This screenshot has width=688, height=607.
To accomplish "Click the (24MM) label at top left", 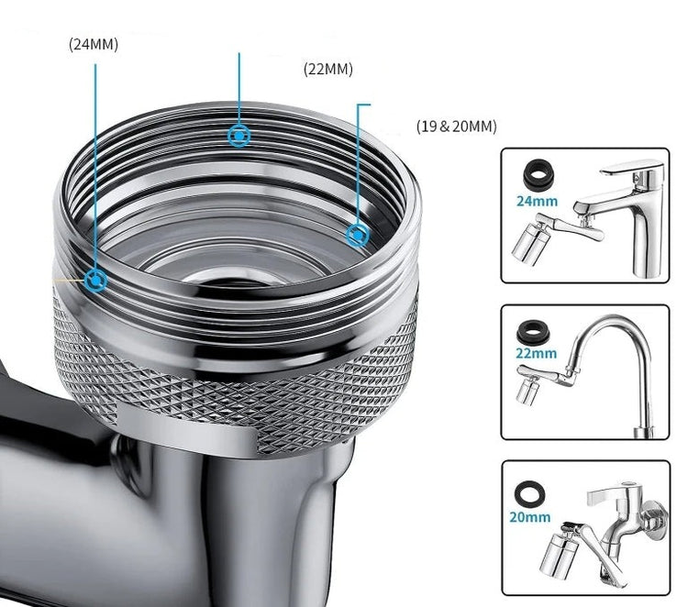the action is click(94, 45).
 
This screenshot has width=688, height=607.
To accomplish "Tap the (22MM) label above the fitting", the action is click(328, 70).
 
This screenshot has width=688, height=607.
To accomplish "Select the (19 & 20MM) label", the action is click(456, 127).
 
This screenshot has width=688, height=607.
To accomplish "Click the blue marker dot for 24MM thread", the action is click(95, 280).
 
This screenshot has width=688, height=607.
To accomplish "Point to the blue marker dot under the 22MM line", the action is click(239, 136).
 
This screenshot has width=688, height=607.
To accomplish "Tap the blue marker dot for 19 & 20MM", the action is click(358, 235).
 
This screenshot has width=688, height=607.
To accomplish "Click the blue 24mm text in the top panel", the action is click(537, 202).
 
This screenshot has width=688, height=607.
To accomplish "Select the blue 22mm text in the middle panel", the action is click(537, 353).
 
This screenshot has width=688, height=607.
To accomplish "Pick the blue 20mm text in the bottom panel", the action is click(529, 517).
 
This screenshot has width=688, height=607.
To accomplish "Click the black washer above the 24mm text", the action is click(538, 175).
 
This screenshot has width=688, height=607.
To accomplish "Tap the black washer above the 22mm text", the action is click(533, 332).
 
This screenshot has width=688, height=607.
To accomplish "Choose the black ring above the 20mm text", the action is click(530, 493).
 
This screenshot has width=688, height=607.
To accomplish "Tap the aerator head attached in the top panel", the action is click(530, 244).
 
